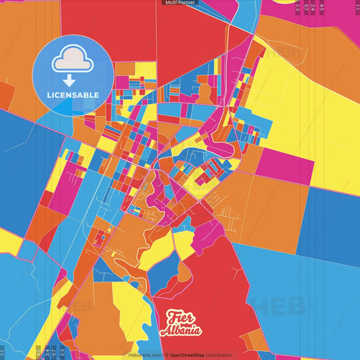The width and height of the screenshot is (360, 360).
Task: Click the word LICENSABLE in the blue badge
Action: [x=72, y=95]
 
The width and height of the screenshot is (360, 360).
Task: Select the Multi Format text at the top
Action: [x=180, y=3]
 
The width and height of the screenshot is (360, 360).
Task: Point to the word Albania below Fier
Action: [x=180, y=330]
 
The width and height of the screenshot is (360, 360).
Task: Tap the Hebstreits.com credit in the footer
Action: [x=145, y=355]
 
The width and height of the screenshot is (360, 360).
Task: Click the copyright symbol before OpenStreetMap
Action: [x=166, y=355]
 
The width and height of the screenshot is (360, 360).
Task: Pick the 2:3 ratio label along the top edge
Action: [x=298, y=8]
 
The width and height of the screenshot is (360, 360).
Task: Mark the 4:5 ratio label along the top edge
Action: [x=322, y=8]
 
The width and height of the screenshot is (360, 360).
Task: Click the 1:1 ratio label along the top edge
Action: [x=357, y=8]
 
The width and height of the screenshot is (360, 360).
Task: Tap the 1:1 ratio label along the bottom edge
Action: [x=3, y=351]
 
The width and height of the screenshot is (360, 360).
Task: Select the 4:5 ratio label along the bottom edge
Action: [x=38, y=351]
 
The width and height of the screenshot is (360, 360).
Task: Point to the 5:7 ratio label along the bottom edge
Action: [x=54, y=351]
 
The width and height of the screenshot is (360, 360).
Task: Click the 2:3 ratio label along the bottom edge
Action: [x=62, y=351]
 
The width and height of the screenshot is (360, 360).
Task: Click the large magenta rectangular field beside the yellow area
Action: [x=284, y=165]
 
